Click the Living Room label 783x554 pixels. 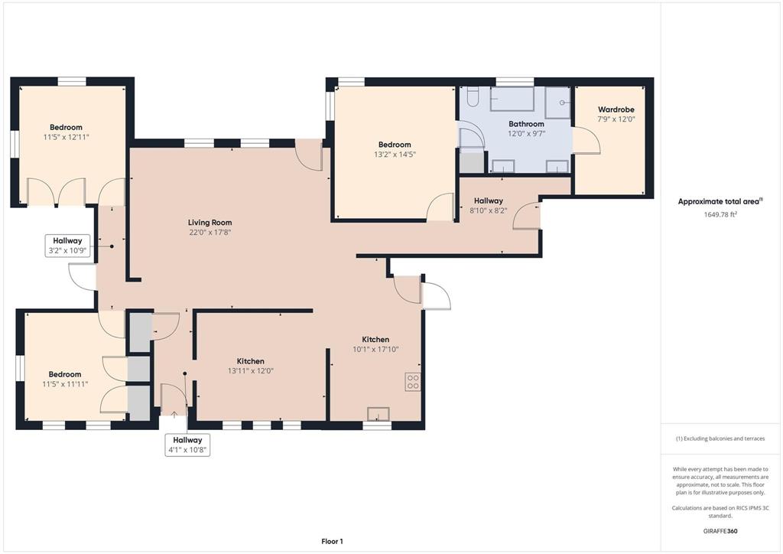pos(210,223)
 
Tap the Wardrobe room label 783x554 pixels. pos(616,109)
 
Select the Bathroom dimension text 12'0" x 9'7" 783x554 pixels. pos(526,134)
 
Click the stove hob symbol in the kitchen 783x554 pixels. pos(412,382)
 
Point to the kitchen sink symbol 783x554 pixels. pos(378,414)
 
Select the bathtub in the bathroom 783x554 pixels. pos(512,99)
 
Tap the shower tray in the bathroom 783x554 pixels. pos(557,103)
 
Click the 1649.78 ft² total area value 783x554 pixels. pos(720,214)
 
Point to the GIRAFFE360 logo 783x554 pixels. pos(720,531)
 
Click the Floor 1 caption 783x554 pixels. pos(332,542)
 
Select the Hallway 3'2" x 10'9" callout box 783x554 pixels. pos(68,246)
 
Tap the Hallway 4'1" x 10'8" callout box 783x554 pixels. pos(187,445)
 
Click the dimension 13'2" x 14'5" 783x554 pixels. pos(395,155)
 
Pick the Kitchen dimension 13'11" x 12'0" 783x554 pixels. pos(251,371)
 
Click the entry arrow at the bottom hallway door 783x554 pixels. pos(174,414)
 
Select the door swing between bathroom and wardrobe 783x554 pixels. pos(587,141)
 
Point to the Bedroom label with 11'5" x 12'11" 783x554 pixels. pos(66,127)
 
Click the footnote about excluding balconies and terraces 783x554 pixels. pos(720,438)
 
